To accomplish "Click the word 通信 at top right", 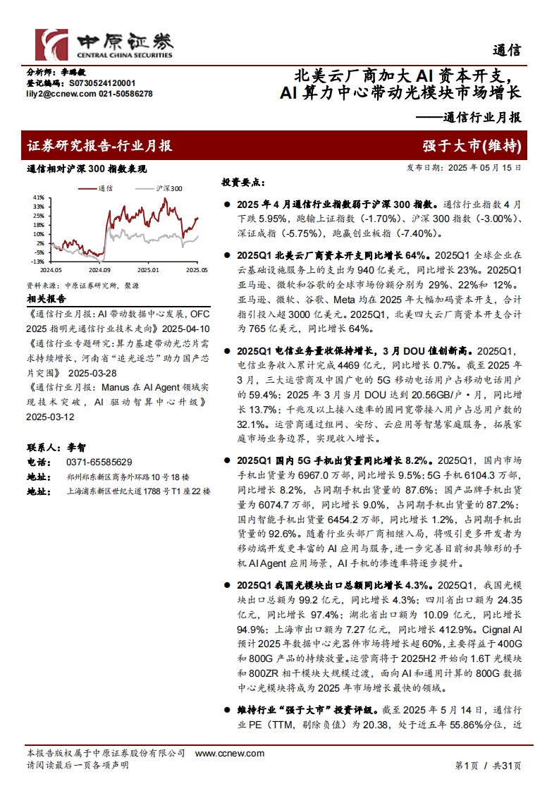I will (507, 50).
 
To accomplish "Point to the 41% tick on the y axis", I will (39, 197).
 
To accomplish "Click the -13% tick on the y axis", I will (39, 261).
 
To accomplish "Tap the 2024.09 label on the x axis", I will (100, 269).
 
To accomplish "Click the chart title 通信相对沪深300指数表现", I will (86, 169).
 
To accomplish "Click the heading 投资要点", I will (240, 182).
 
